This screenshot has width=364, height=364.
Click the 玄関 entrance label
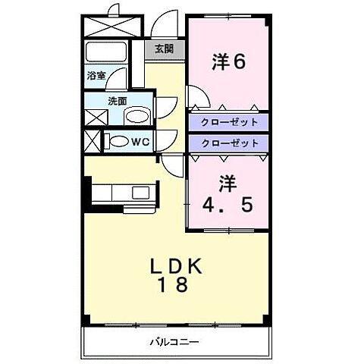[x=164, y=49]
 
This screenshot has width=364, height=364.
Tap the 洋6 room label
[x=228, y=62]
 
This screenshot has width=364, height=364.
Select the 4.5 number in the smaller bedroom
[x=227, y=204]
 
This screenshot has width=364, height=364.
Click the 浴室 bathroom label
[x=96, y=76]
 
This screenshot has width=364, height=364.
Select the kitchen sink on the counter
[x=141, y=192]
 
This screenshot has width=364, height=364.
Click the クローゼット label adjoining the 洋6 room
[x=229, y=122]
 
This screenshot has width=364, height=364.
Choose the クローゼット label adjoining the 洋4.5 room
[x=229, y=142]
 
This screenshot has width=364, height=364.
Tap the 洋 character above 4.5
[x=227, y=182]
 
